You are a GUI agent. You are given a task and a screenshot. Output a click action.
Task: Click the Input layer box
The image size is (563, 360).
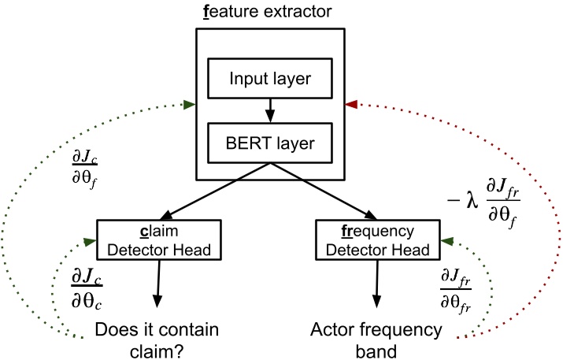270,80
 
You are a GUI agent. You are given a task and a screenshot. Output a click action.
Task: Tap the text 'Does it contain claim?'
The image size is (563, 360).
157,338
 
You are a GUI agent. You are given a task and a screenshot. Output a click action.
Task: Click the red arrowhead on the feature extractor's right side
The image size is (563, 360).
352,104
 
